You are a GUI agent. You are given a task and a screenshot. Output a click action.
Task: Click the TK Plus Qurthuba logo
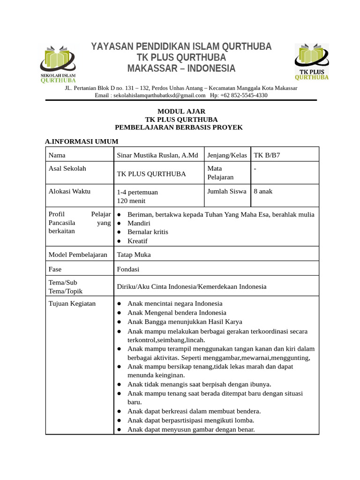coord(311,61)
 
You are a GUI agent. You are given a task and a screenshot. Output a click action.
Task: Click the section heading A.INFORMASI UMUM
coord(81,141)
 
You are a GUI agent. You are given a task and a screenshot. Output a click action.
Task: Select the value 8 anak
coord(263,191)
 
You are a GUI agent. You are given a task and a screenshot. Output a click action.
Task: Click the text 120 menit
coord(131,201)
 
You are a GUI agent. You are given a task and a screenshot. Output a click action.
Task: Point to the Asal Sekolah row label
coord(67,168)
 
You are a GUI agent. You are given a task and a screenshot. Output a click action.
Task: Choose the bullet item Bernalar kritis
coord(148,232)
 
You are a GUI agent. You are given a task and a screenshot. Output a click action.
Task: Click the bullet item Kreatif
coord(137,241)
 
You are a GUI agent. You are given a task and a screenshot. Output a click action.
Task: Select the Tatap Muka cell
coord(134,255)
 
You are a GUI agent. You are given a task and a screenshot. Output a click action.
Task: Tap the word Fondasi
coord(128,269)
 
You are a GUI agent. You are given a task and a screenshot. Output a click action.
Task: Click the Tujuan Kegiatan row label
coord(72,303)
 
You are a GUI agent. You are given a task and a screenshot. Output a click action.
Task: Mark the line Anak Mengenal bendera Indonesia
coord(177,313)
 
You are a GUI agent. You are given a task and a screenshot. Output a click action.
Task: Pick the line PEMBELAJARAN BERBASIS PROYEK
coord(179,127)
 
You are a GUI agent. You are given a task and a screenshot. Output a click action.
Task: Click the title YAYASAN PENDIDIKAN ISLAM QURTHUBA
coord(181,47)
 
